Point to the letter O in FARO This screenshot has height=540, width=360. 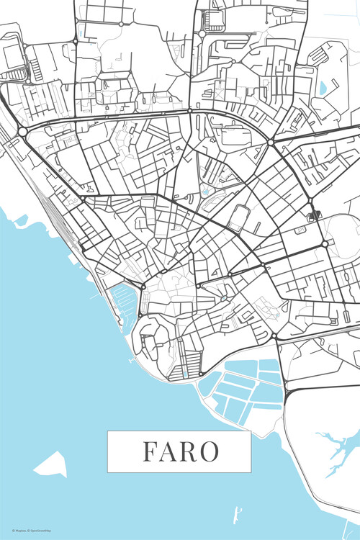pos(210,451)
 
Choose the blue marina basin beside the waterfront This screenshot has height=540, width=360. pos(123,302)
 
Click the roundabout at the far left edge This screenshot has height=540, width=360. pos(22,131)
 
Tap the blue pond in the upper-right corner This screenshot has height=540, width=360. pos(321,88)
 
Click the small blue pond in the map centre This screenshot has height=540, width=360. pos(206,192)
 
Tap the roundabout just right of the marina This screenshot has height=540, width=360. pos(143,287)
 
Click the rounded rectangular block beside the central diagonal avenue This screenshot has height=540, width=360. pos(240,217)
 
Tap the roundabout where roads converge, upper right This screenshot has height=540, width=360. pos(271,143)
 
